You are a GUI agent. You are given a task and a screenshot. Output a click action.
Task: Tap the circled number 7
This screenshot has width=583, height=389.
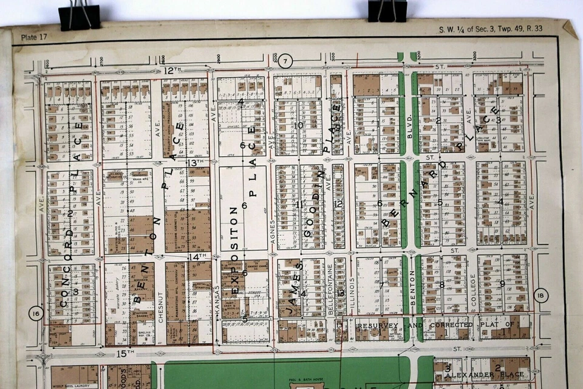click(x=287, y=60)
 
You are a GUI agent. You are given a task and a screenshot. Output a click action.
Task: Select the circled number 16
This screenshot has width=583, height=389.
click(x=36, y=314)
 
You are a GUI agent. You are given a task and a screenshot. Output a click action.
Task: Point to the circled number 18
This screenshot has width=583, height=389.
click(x=541, y=297)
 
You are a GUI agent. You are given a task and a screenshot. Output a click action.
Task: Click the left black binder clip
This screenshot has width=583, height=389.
click(x=80, y=16)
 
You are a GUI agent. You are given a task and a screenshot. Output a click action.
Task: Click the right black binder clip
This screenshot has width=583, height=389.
click(x=387, y=10)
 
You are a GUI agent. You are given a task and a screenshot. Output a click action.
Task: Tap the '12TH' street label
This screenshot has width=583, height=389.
click(x=172, y=71)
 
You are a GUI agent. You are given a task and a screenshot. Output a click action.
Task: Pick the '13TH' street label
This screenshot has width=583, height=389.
click(x=195, y=163)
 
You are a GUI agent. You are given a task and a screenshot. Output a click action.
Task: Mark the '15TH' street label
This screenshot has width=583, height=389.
click(x=125, y=353)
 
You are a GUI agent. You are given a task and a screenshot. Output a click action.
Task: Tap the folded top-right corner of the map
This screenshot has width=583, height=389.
click(x=570, y=28)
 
